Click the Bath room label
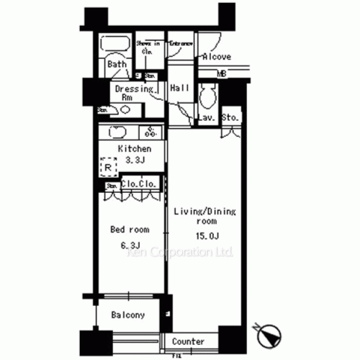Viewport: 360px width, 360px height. coord(117,64)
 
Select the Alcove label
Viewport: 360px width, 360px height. coord(215,56)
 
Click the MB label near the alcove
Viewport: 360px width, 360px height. coord(222,73)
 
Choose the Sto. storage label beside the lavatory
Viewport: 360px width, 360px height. coord(230,117)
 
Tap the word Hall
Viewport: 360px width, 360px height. coord(179,88)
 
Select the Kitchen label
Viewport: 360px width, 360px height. coord(135,149)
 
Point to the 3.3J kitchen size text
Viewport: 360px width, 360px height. coord(135,160)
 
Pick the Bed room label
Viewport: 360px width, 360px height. coord(130,230)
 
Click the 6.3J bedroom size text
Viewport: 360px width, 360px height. coord(130,246)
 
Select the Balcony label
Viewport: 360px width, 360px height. coord(128,315)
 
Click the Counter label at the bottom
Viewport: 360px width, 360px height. coord(189,341)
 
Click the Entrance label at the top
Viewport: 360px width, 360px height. coord(180,43)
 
